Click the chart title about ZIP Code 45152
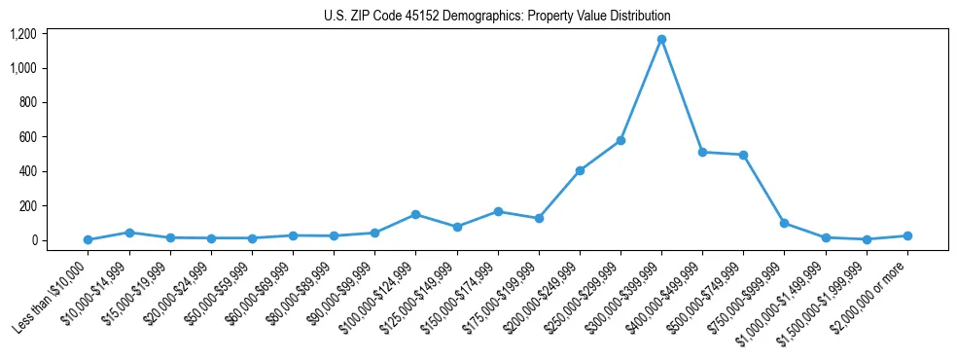click(x=497, y=17)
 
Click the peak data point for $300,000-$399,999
click(x=661, y=40)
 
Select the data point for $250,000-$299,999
click(x=620, y=140)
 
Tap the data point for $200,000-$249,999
click(x=580, y=170)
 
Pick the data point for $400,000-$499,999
click(x=702, y=152)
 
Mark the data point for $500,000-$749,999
click(x=743, y=155)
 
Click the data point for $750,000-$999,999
click(x=784, y=223)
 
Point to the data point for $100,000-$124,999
click(x=415, y=214)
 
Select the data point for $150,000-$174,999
click(x=498, y=211)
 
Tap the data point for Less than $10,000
click(x=88, y=239)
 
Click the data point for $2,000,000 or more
click(x=907, y=235)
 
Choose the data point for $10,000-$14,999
click(x=129, y=233)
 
